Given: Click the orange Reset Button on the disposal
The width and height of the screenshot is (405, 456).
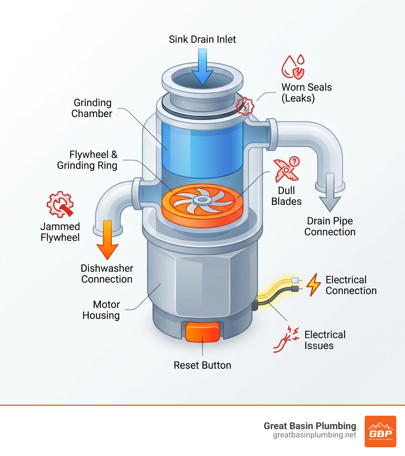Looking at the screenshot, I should pos(202,332).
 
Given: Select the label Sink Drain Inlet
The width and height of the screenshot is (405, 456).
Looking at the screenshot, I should pos(202,40).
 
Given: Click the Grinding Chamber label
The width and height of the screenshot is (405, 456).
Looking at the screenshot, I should pos(92,108).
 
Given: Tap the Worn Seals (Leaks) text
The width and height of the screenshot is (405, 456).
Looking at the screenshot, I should pos(307,93).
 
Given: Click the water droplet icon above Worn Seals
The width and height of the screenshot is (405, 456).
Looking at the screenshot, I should pos(293,67).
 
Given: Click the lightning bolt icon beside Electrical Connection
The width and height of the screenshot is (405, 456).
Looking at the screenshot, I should pos(313,285).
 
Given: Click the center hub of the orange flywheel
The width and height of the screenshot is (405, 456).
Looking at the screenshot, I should pos(202,200).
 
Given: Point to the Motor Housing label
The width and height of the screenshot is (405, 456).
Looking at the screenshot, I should pos(101,310).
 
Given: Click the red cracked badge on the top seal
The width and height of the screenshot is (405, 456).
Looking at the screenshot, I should pos(244,106).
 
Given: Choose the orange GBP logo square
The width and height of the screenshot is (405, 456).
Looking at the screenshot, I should pos(380,431).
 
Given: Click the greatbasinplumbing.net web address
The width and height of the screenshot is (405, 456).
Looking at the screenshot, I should pos(314,435).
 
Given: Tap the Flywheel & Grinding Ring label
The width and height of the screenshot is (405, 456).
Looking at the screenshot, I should pos(87,160).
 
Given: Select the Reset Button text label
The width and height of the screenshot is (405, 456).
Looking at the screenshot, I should pos(202,365).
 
